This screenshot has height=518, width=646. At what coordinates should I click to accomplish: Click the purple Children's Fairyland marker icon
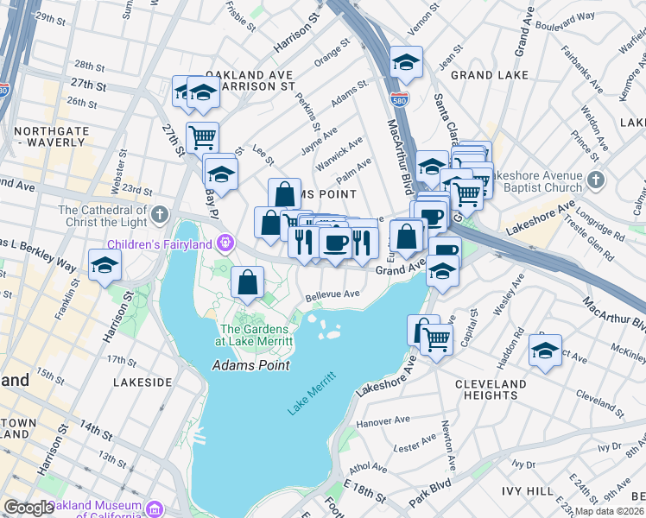click(226, 240)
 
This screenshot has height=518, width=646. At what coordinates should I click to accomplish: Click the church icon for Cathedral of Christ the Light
click(158, 213)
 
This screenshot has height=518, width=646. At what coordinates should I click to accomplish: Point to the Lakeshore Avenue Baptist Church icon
click(595, 180)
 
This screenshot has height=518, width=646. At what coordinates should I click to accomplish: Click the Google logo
click(28, 508)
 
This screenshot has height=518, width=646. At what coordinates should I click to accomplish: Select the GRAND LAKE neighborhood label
click(483, 76)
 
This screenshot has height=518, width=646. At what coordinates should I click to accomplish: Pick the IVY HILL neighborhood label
click(527, 490)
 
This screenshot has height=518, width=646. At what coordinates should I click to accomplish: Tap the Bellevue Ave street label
click(332, 294)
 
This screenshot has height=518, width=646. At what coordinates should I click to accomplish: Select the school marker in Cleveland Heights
click(545, 351)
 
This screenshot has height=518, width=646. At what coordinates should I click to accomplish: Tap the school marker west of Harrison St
click(104, 264)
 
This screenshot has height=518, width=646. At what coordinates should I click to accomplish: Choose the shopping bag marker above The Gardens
click(247, 281)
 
